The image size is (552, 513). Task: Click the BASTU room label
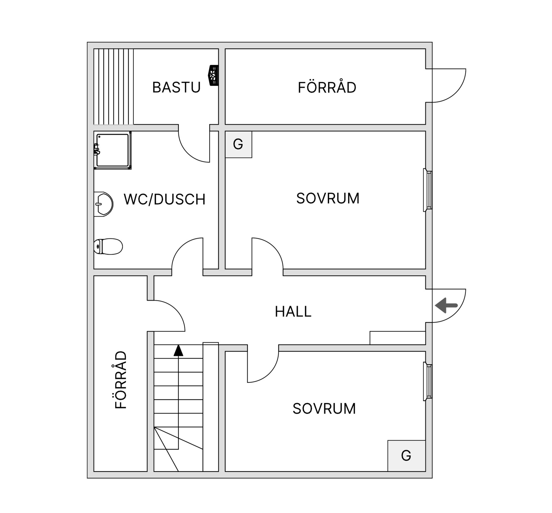(x=176, y=87)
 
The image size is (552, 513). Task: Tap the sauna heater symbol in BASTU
(x=213, y=75)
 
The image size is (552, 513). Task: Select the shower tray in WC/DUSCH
(x=113, y=150)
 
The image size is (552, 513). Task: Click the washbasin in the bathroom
(x=103, y=204)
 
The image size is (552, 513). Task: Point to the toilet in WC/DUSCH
(x=108, y=246)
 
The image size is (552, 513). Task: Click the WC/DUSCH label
(x=164, y=199)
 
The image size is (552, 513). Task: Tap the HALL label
(x=293, y=311)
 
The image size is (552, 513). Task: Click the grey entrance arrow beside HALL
(x=446, y=305)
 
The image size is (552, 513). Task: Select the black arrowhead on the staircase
(x=179, y=351)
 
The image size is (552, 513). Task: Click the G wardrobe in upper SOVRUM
(x=238, y=144)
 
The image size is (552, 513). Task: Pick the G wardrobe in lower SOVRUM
(x=407, y=456)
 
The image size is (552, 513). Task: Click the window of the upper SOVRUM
(x=428, y=190)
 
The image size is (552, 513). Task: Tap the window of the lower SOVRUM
(x=428, y=382)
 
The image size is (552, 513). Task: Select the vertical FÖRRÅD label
(x=120, y=380)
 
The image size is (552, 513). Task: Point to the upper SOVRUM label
(x=328, y=198)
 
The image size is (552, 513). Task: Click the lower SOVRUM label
(x=324, y=409)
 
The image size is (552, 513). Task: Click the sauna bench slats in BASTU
(x=114, y=86)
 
